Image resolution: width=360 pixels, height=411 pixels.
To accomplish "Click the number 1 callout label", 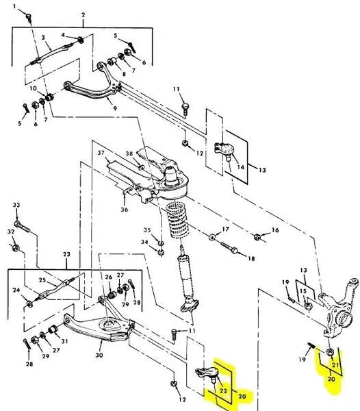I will pos(14,7).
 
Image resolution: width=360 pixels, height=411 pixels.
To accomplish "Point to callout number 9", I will pos(114,108).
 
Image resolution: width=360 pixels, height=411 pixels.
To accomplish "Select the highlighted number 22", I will pos(223,390).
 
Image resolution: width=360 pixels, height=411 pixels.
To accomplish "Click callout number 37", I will pos(101,153).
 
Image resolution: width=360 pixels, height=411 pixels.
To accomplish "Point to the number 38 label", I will pos(129,153).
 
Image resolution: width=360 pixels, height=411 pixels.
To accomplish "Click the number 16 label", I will pos(276,232).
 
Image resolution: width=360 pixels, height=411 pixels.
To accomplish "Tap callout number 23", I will pos(66,255).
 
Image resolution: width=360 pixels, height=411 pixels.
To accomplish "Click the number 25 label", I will pos(42,280).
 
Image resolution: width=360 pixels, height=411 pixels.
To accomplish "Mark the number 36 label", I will pos(125,210).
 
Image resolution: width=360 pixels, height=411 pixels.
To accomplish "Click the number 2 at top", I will pos(83,14).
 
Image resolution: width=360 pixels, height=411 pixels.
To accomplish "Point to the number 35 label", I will pos(146,229).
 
